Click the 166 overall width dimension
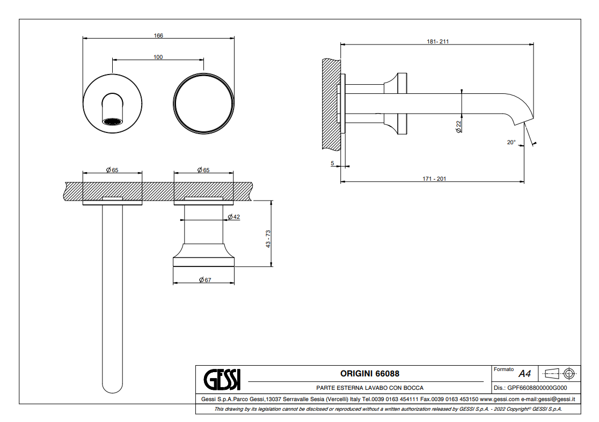point(158,35)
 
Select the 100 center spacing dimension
point(158,57)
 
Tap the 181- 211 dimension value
point(438,41)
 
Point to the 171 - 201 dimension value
point(434,179)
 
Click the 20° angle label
point(511,142)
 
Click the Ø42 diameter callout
point(233,217)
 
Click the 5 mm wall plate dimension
point(332,163)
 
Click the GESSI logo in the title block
point(222,380)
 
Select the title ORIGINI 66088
point(370,373)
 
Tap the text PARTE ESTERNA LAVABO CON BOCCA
point(370,388)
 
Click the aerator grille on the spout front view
point(113,121)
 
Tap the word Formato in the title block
point(503,369)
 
